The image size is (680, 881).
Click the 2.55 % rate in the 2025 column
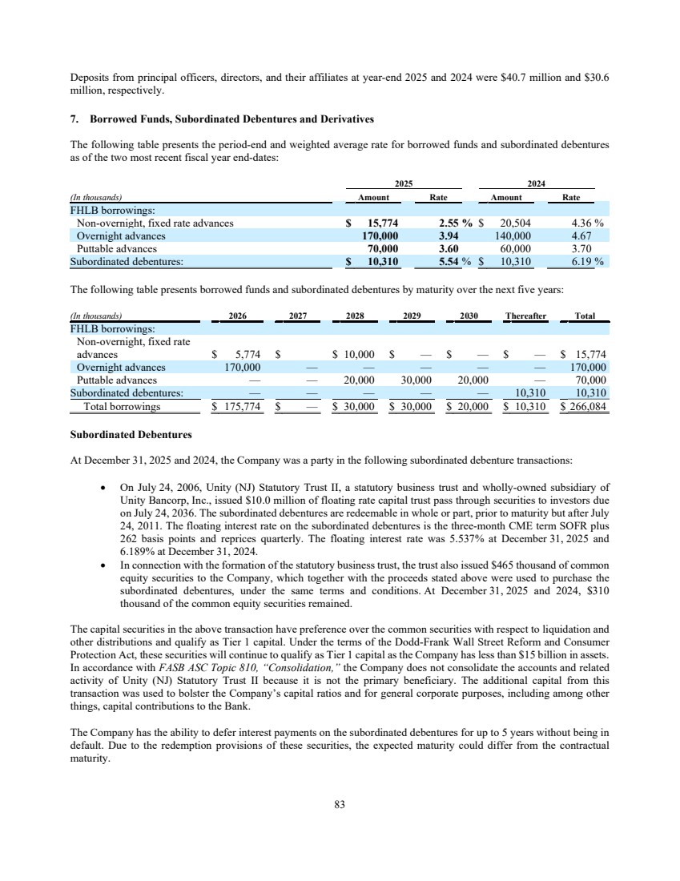click(458, 223)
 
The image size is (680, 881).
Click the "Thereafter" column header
click(525, 316)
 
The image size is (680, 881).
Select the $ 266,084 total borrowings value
click(584, 406)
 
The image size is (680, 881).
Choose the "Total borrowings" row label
click(122, 406)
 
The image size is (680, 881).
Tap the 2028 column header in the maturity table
click(354, 316)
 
